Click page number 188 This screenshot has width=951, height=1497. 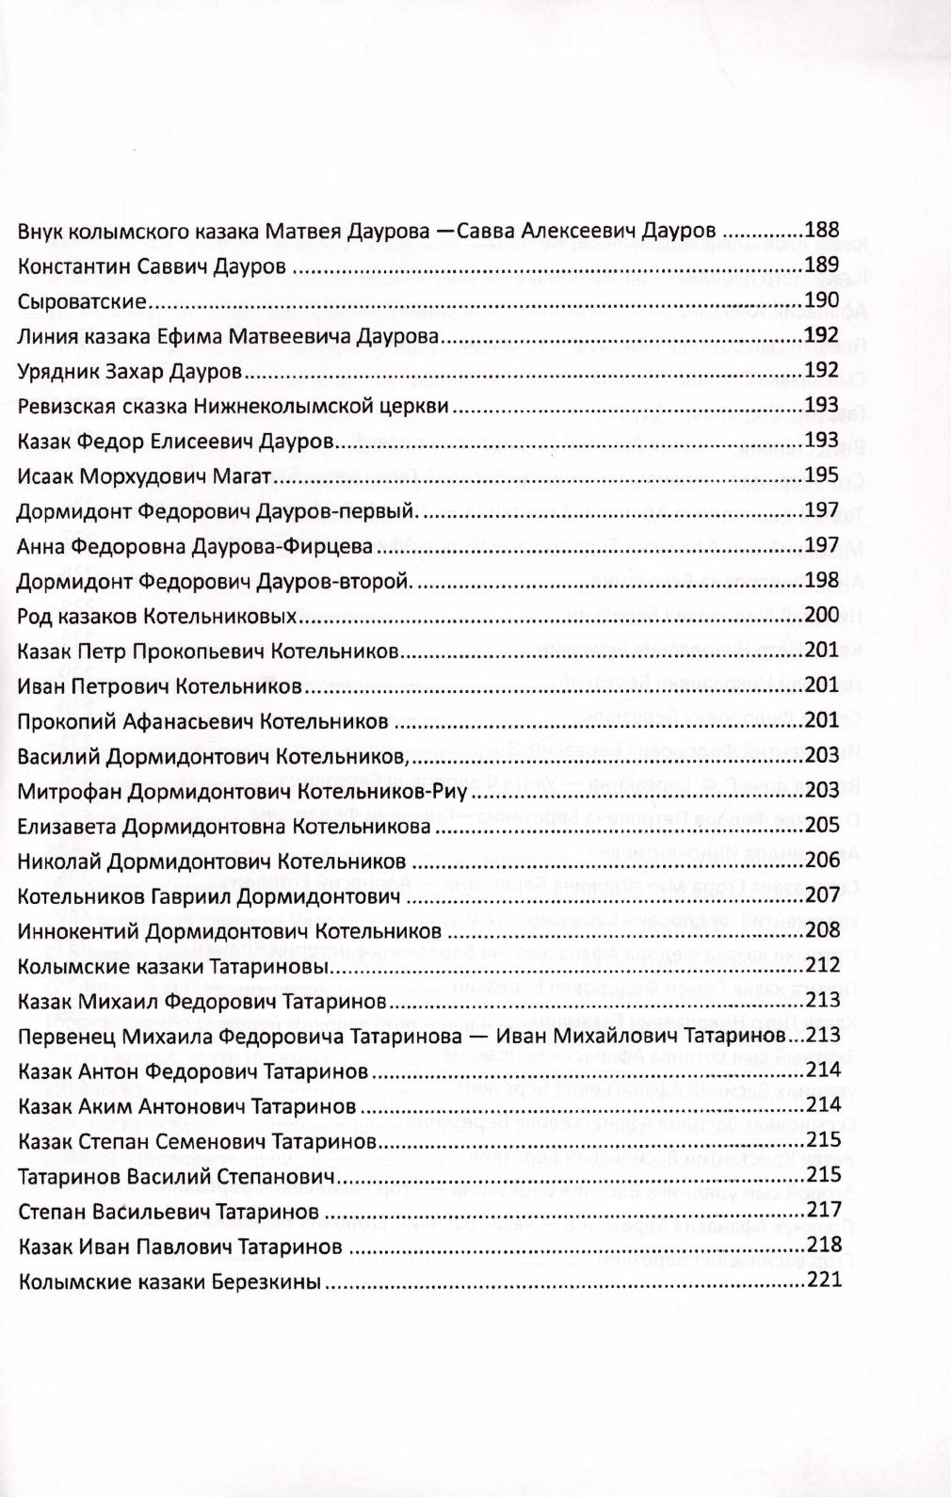point(821,230)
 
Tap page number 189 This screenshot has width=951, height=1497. point(821,266)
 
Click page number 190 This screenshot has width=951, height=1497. point(821,300)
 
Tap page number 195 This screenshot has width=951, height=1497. point(821,475)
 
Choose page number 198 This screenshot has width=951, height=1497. point(821,581)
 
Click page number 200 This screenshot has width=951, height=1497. point(821,616)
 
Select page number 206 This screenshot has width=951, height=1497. point(821,861)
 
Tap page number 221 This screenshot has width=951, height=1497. point(821,1280)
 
